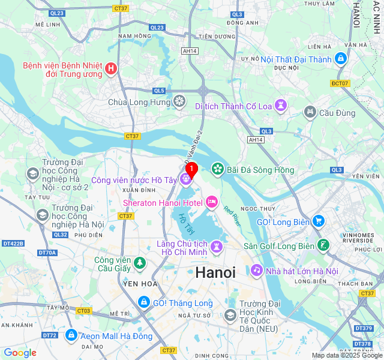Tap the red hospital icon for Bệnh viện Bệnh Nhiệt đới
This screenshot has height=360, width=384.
[111, 69]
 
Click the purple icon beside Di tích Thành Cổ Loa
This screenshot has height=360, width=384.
[281, 106]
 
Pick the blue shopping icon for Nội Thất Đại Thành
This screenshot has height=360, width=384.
[341, 59]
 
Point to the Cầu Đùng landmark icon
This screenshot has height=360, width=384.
[310, 112]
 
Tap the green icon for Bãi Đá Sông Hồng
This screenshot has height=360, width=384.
[217, 170]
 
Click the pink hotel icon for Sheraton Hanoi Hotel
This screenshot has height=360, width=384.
[211, 203]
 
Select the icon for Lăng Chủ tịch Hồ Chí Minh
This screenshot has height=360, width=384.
[216, 247]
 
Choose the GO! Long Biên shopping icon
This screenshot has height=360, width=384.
[318, 221]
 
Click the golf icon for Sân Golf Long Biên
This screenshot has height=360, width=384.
[324, 245]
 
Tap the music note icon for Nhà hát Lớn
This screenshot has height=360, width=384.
[257, 271]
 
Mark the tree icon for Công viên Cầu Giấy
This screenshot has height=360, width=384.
[140, 262]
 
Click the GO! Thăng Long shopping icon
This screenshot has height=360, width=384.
[144, 302]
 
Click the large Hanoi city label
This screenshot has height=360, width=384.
[215, 272]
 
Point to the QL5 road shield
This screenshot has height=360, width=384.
[158, 91]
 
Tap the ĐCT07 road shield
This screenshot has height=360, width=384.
[340, 83]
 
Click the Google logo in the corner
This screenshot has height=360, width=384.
[20, 353]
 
